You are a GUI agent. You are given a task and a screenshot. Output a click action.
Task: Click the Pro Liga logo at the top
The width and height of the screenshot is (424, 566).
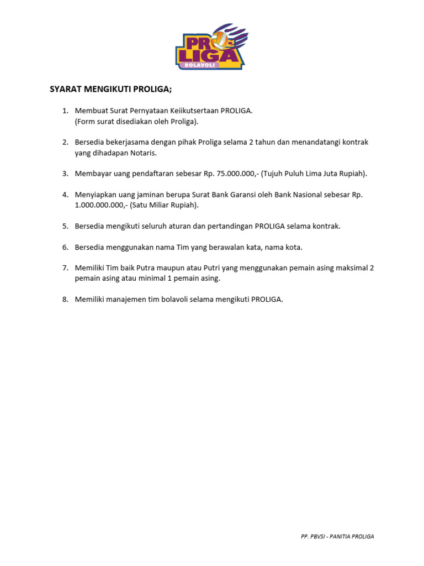pos(211,48)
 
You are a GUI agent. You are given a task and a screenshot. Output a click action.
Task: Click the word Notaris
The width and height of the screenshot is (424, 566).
pos(143,153)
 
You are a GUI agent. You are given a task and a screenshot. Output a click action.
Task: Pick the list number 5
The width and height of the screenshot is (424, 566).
pos(65,226)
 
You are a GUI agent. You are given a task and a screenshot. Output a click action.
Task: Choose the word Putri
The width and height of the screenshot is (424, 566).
pos(208,268)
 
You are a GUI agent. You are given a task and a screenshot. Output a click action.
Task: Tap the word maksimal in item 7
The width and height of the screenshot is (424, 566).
pos(351,268)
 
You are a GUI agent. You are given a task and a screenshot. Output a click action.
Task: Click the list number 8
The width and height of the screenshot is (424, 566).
pos(65,300)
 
